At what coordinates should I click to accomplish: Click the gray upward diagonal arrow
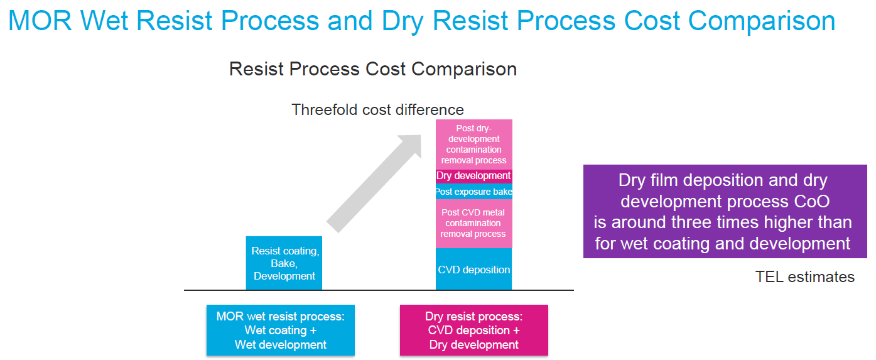click(x=376, y=182)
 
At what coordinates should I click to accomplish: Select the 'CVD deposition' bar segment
click(x=473, y=270)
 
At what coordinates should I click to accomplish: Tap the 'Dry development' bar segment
click(x=473, y=176)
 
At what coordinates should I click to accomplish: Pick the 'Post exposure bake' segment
click(x=473, y=192)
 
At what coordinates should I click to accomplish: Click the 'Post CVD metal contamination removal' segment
click(x=473, y=223)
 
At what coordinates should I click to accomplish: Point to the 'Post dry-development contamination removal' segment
click(x=473, y=145)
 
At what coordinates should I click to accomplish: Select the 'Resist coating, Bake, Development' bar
click(x=284, y=263)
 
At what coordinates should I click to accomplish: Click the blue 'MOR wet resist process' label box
click(x=281, y=330)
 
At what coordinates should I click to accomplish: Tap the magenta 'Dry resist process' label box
click(x=473, y=330)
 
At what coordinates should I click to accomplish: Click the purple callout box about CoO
click(x=725, y=212)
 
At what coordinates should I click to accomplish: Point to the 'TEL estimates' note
click(x=804, y=277)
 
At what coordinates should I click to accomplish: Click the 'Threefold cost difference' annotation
click(x=377, y=109)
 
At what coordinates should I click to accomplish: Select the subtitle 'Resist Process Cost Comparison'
click(x=373, y=68)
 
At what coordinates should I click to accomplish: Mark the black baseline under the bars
click(x=379, y=290)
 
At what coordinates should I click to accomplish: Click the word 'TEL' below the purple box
click(x=769, y=277)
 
